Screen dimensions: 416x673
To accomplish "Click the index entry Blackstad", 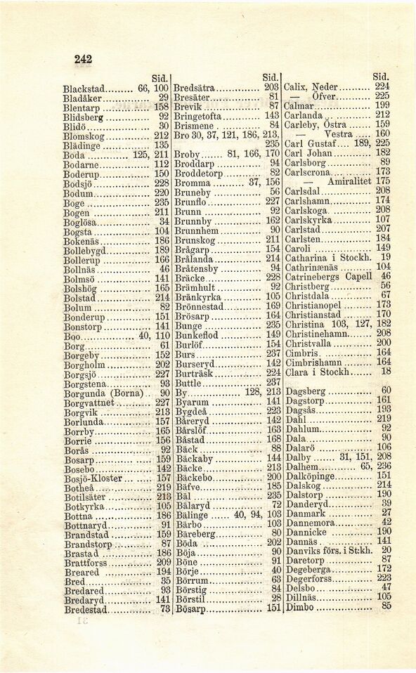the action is (x=84, y=89).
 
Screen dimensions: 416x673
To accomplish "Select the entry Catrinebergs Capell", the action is (x=328, y=276).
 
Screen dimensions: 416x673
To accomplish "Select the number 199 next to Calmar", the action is (x=382, y=105).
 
